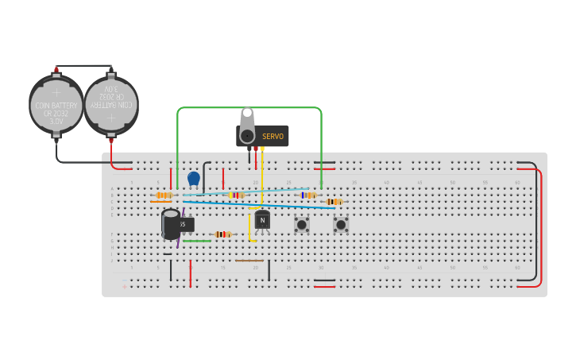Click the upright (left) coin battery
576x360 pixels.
pos(56,105)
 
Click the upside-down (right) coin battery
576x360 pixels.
pos(111,105)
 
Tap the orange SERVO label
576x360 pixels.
pos(273,136)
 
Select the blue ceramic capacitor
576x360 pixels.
pos(194,179)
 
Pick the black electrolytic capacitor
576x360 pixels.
pos(171,224)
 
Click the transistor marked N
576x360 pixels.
pos(262,220)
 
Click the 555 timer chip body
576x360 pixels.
pos(186,224)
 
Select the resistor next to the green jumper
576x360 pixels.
pos(222,234)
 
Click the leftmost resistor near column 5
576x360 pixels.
pos(164,195)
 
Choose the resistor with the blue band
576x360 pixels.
pos(308,195)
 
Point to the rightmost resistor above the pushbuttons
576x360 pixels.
pos(334,202)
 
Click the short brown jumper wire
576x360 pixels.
pos(249,261)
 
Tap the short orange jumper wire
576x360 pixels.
pos(160,202)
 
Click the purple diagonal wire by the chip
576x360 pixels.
pos(180,238)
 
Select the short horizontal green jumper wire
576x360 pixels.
pos(197,241)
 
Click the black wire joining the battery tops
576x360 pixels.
pos(83,66)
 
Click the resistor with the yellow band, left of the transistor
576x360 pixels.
pos(236,195)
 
